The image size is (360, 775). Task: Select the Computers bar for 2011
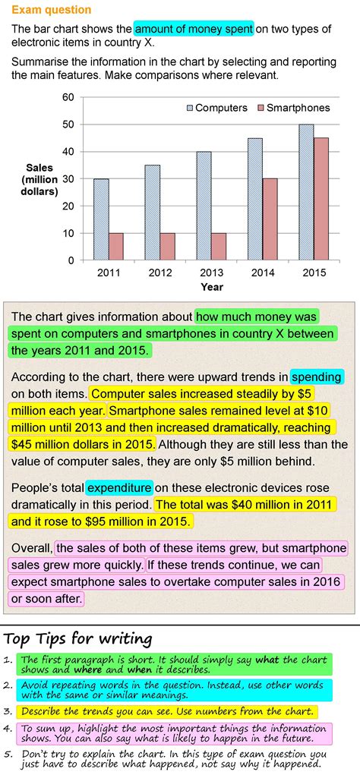click(x=101, y=219)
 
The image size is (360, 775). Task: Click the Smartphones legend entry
click(x=292, y=108)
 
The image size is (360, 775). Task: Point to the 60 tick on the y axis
click(x=68, y=97)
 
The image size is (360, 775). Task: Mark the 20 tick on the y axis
click(x=68, y=206)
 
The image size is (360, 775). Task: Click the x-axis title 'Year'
click(x=212, y=288)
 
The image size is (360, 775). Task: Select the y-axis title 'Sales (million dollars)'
click(x=39, y=179)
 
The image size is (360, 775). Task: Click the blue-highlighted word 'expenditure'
click(x=119, y=487)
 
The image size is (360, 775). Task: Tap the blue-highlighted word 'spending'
click(x=317, y=376)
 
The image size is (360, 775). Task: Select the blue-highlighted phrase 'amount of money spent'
click(x=194, y=29)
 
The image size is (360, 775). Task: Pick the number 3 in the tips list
click(x=8, y=712)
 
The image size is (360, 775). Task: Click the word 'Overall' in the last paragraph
click(x=31, y=547)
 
